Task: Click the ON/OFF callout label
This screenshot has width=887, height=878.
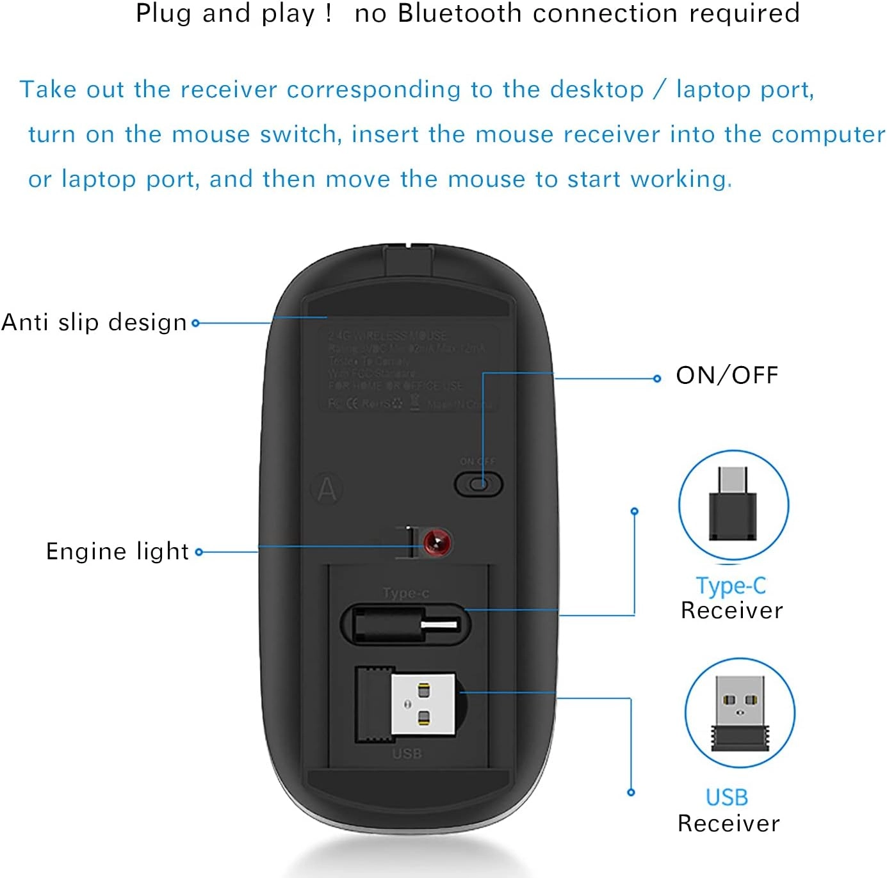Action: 727,376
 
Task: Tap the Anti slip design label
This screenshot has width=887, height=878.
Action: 94,323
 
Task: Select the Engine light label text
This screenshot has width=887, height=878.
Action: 118,552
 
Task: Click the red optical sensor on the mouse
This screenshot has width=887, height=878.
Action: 437,543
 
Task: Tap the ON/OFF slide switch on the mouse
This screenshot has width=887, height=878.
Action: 478,484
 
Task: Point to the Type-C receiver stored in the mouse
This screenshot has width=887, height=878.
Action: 405,625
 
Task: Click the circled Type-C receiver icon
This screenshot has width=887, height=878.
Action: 733,505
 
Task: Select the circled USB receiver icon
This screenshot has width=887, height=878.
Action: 740,712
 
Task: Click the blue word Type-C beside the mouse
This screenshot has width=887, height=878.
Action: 731,586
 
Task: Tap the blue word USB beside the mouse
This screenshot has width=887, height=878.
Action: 727,797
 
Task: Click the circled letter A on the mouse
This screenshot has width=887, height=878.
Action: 327,490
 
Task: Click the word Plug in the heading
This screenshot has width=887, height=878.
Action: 164,13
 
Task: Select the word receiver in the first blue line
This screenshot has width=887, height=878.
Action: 229,90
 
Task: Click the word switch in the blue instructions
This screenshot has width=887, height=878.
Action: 301,134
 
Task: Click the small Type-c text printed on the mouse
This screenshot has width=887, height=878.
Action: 406,593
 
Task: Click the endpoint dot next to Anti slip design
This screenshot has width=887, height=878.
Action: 196,323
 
